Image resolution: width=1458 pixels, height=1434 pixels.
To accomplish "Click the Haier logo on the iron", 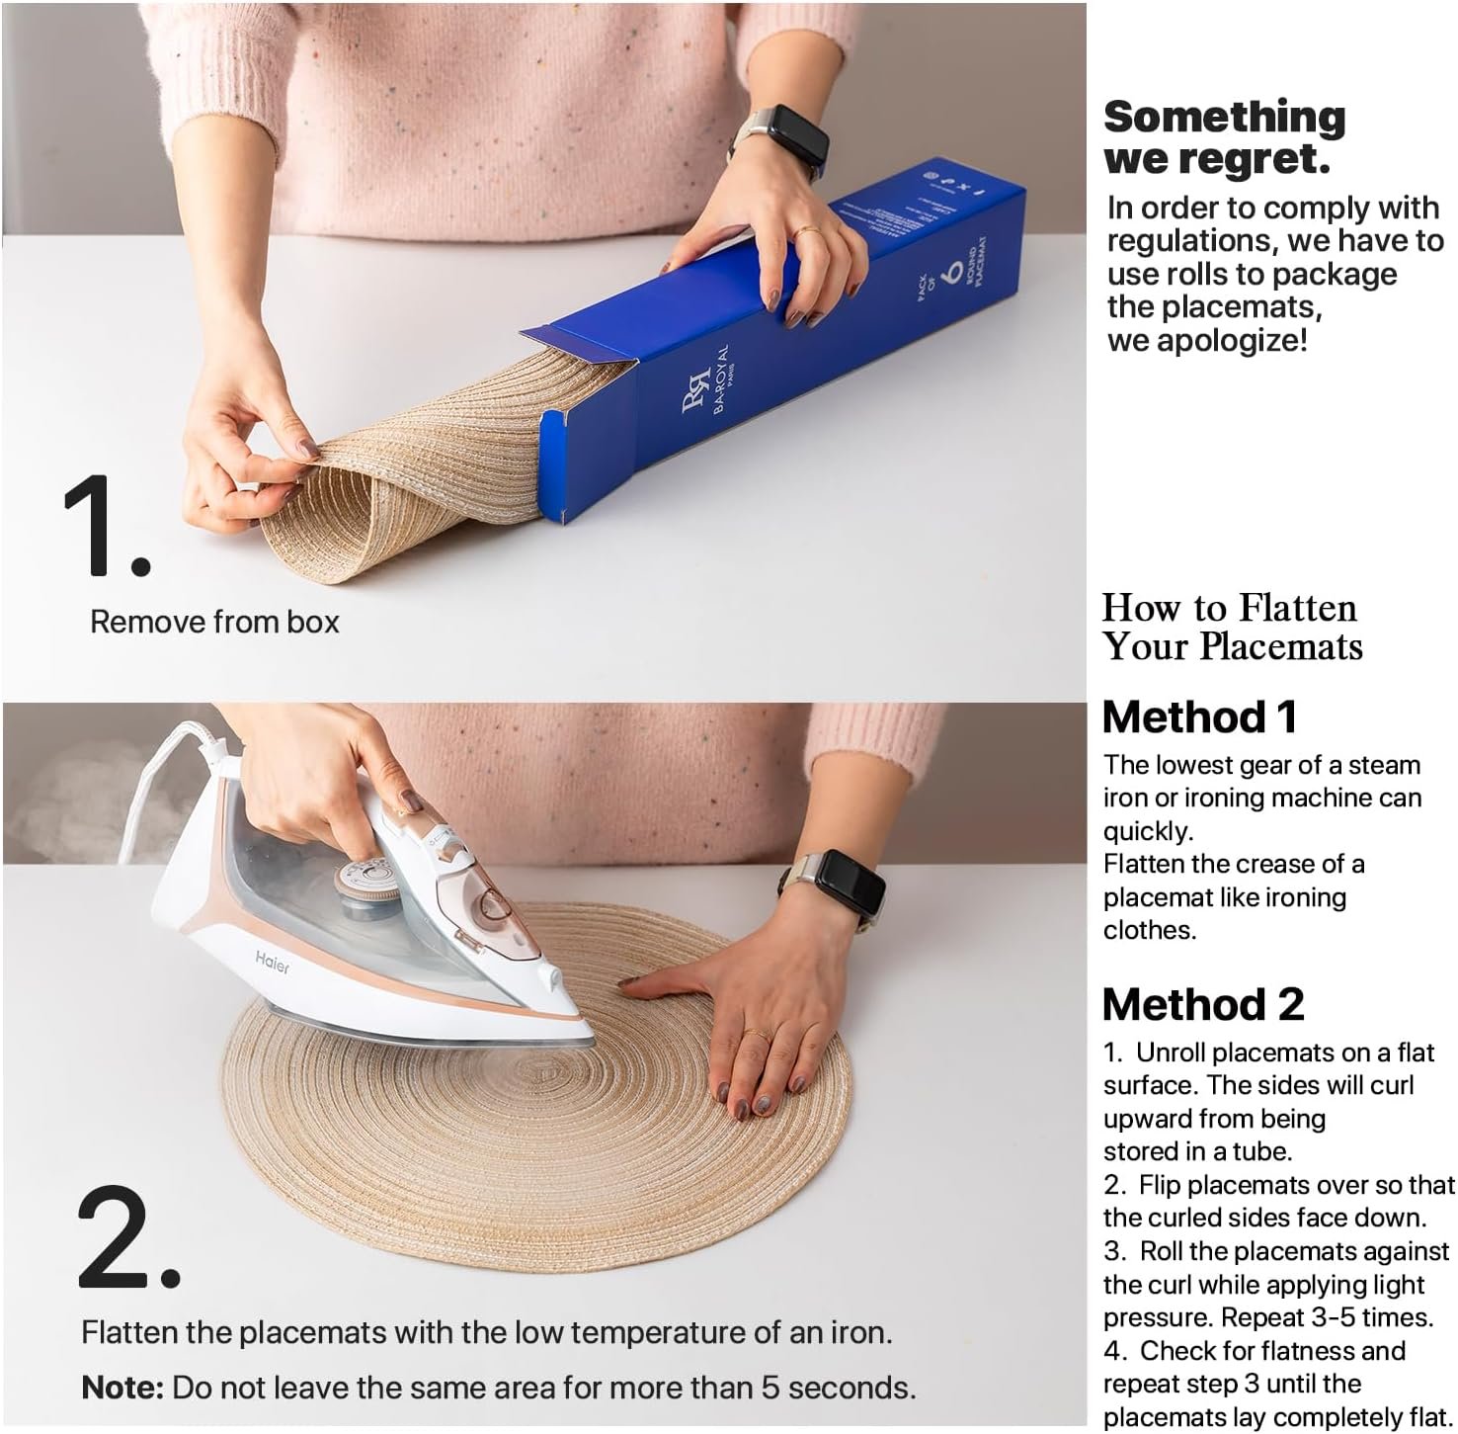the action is click(x=273, y=962).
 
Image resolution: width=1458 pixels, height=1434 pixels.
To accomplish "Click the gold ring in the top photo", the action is click(x=809, y=233).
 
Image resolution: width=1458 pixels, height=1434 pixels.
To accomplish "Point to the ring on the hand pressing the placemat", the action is click(x=758, y=1036).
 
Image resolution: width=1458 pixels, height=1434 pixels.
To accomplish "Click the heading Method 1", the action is click(x=1199, y=717).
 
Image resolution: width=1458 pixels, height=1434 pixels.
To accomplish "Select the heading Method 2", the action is click(x=1203, y=1005).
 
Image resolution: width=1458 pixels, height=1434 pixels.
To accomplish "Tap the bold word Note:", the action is click(x=122, y=1388).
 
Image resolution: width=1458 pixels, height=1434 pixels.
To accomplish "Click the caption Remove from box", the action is click(x=214, y=622).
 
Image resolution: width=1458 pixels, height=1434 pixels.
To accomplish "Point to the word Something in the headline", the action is click(x=1225, y=118).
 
